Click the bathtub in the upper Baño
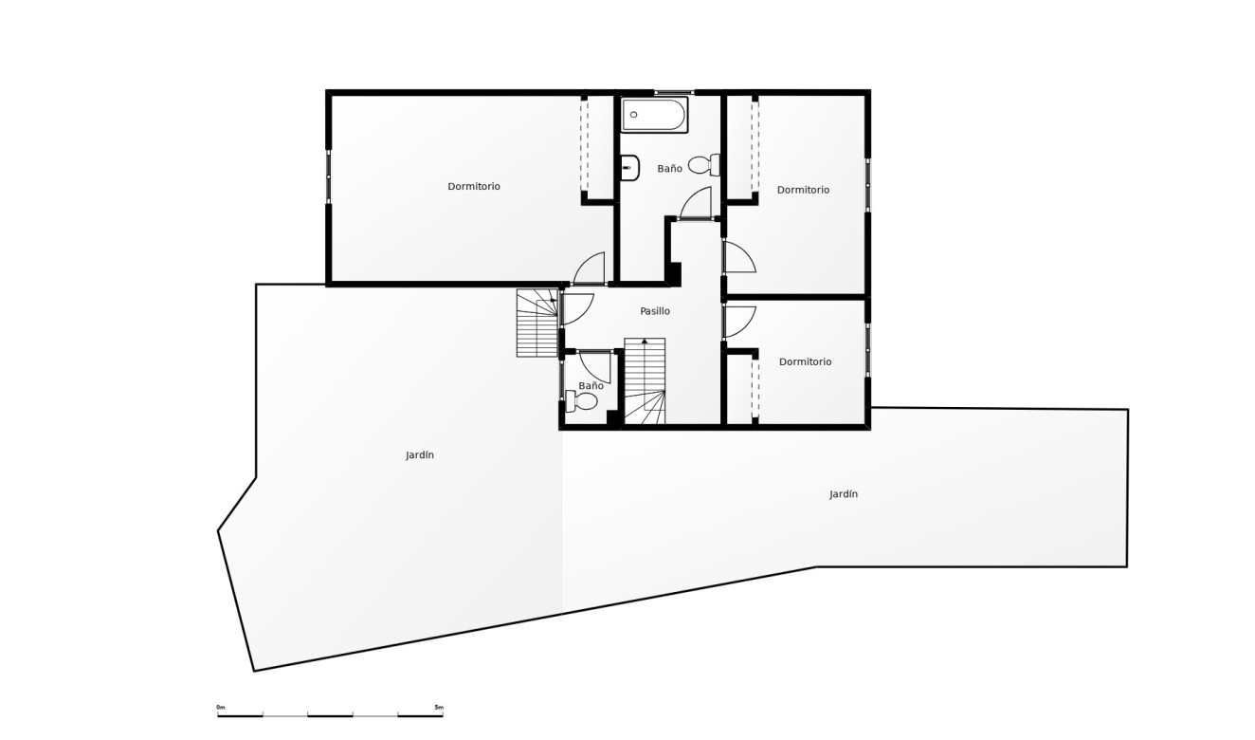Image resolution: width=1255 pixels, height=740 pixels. point(654,115)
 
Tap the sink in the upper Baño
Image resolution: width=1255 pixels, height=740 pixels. point(629,168)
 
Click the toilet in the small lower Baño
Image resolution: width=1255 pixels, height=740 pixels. point(581,401)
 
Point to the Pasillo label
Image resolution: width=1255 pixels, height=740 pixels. point(655,311)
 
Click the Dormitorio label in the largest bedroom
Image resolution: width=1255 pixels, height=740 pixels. point(473,186)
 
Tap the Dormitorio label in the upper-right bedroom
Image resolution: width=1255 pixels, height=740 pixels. point(803,190)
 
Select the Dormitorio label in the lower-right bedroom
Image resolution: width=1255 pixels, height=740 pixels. point(805,362)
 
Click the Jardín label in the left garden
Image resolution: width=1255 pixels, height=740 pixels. point(420,455)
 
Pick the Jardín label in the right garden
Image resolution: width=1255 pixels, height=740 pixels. point(844,494)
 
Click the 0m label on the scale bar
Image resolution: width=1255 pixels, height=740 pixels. point(221,708)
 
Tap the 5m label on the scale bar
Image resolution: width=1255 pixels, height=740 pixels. point(439,708)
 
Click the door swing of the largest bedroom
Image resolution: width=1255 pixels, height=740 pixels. point(589,268)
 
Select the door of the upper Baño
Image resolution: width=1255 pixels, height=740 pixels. point(696,203)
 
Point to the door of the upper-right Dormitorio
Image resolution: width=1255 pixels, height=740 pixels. point(739,257)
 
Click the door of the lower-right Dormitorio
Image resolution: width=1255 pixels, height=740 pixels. point(739,322)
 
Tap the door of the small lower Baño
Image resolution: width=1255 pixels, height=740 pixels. point(594,367)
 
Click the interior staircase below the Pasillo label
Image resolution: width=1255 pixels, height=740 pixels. point(645,381)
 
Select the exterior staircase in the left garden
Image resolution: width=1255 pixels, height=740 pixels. point(537,323)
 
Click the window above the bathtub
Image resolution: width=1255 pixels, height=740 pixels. point(674,92)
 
